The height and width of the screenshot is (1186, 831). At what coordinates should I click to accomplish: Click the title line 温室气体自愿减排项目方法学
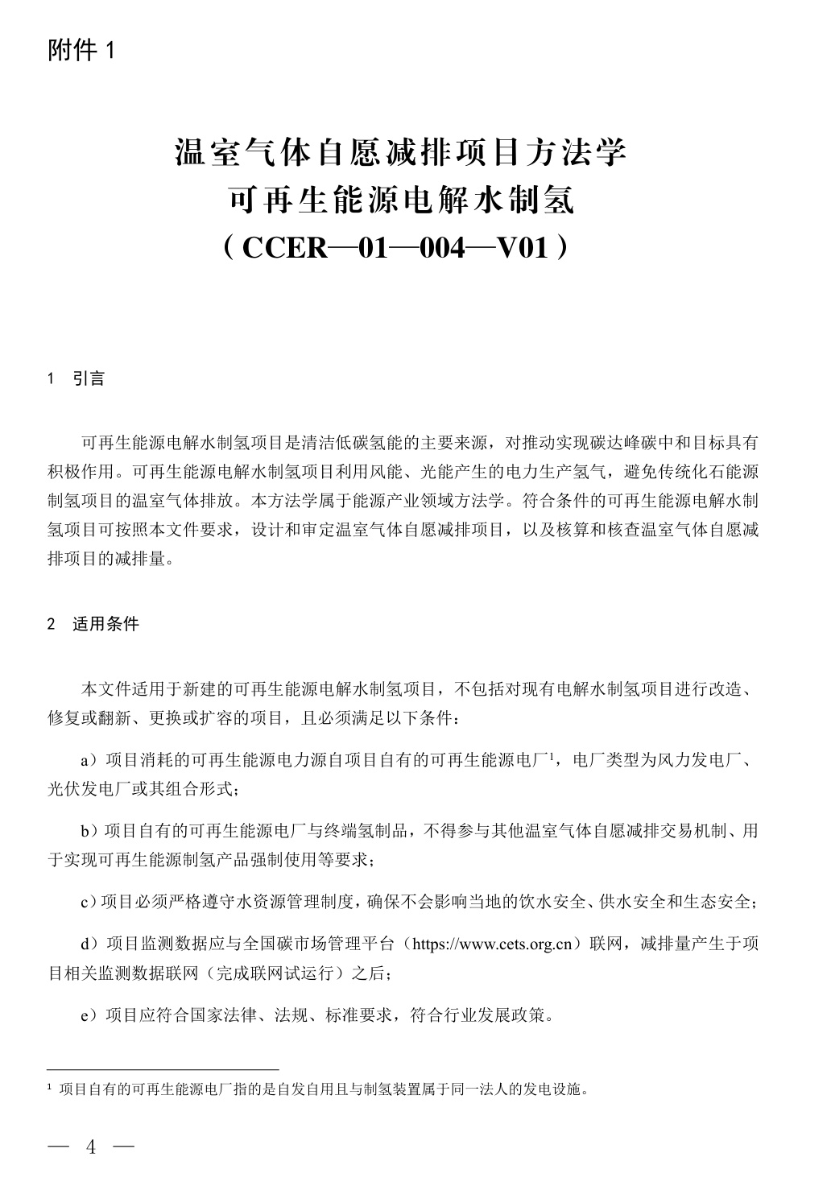(400, 152)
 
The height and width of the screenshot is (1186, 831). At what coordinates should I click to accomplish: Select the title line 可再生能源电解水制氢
(400, 199)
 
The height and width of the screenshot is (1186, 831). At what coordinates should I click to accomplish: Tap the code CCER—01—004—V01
(400, 247)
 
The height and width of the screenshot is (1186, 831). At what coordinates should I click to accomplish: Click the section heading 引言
(89, 378)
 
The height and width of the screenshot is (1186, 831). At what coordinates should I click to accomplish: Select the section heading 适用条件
(105, 624)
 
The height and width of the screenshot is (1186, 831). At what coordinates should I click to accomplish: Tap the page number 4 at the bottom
(91, 1147)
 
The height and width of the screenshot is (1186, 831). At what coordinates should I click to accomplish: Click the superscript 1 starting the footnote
(52, 1089)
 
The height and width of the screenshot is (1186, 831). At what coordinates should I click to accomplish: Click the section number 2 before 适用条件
(52, 625)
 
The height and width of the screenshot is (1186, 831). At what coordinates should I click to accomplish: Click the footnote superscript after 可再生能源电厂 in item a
(548, 756)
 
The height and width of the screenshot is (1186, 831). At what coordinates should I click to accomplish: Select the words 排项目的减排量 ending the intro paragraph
(105, 559)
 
